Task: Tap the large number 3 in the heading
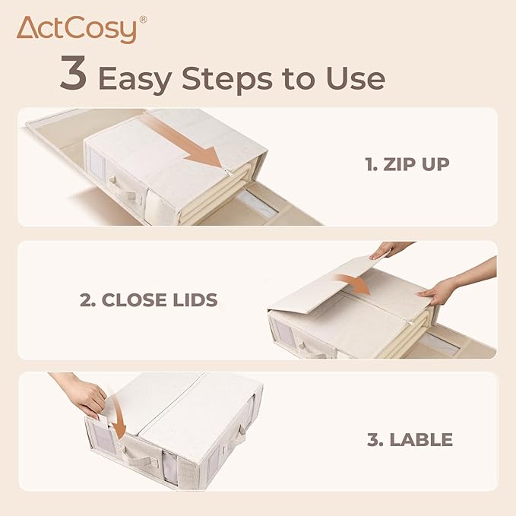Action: [x=74, y=73]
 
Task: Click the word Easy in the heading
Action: [x=135, y=80]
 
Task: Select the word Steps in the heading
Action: [x=226, y=79]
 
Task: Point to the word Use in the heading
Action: [x=356, y=78]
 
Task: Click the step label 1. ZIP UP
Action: [x=407, y=164]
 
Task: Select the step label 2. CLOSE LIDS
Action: [x=149, y=299]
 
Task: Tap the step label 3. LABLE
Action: [x=410, y=440]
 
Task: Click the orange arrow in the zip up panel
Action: [x=184, y=141]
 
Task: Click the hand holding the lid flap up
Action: [x=388, y=249]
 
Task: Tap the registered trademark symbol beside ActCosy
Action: [x=143, y=20]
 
